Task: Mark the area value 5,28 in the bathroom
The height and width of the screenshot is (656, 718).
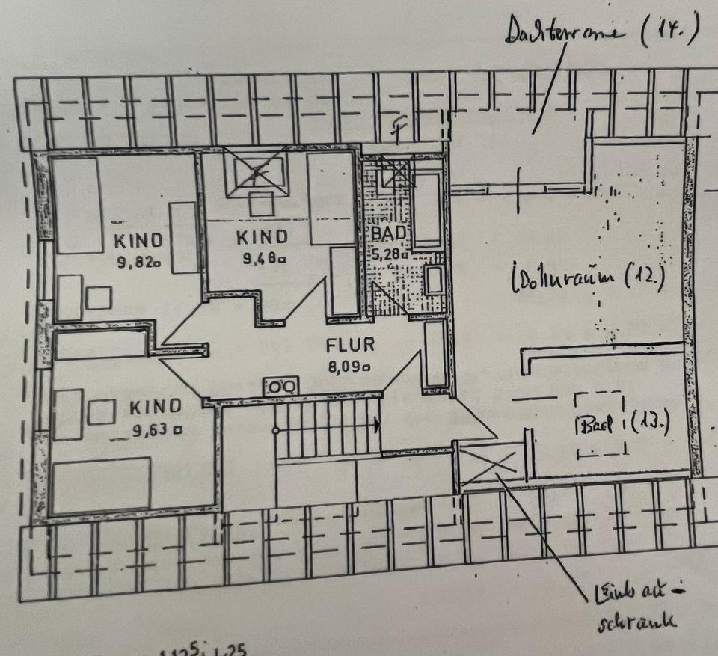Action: tap(387, 253)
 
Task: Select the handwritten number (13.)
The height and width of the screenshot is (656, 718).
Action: tap(650, 423)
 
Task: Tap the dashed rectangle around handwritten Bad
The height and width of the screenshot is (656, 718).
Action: tap(600, 424)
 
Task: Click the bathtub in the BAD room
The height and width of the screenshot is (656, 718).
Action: tap(428, 207)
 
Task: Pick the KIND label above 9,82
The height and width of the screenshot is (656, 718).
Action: tap(138, 241)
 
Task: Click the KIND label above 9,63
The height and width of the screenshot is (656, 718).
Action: tap(156, 407)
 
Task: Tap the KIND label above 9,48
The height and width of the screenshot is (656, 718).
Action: tap(261, 238)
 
